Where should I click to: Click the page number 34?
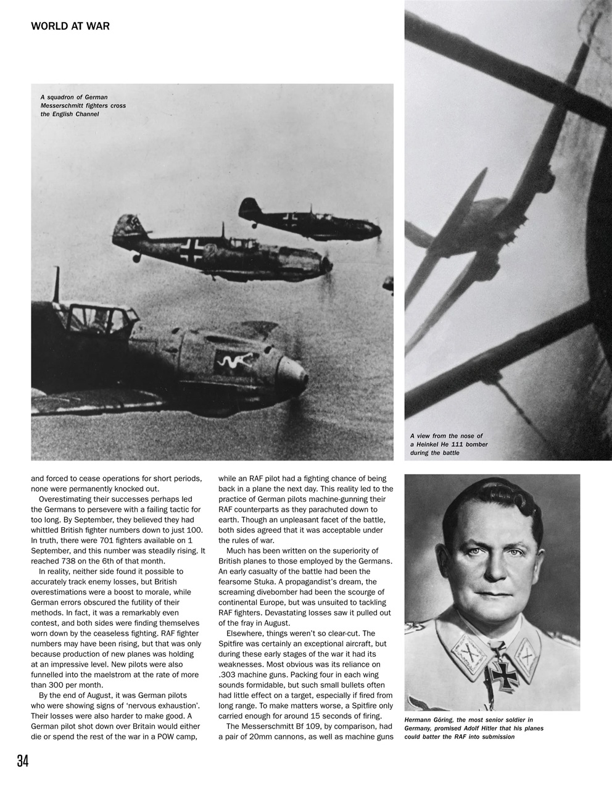click(22, 761)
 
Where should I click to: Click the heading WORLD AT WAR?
click(70, 27)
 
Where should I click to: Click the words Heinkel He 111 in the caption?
click(453, 444)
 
